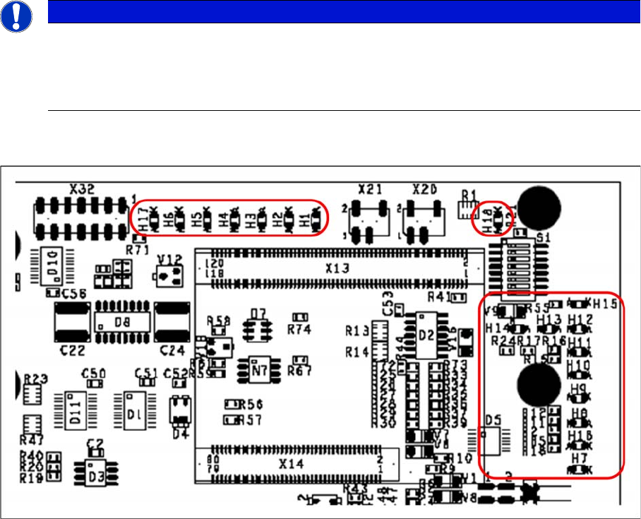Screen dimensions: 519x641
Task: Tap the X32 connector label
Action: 84,189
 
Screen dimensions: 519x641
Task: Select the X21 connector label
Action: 371,189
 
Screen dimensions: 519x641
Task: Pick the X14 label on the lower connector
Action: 291,464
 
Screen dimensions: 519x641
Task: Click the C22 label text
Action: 71,350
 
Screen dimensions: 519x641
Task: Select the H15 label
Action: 606,304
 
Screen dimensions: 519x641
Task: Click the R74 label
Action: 299,329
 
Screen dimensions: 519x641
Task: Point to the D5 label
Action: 493,419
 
